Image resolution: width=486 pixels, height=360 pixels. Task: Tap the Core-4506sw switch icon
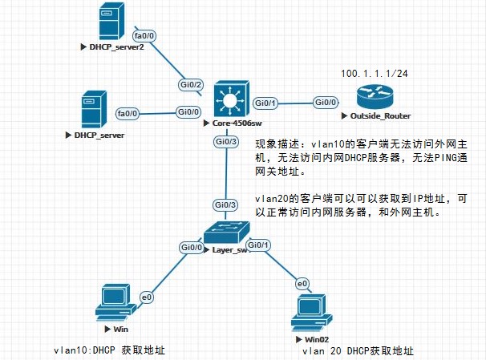point(232,100)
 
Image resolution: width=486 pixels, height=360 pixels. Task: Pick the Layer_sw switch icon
point(226,233)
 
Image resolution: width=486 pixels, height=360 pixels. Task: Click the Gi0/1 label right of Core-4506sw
point(265,103)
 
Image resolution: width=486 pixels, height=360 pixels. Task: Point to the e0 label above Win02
point(302,283)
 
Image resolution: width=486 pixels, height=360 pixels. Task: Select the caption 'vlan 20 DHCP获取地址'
point(357,351)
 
